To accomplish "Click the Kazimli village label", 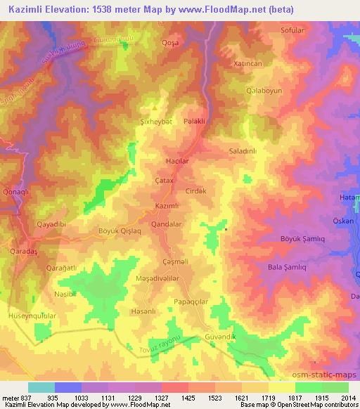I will click(167, 205).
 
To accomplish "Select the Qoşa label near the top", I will click(169, 42).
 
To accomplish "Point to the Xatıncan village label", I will click(238, 63).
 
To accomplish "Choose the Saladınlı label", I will click(245, 151).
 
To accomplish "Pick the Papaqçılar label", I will click(191, 301).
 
